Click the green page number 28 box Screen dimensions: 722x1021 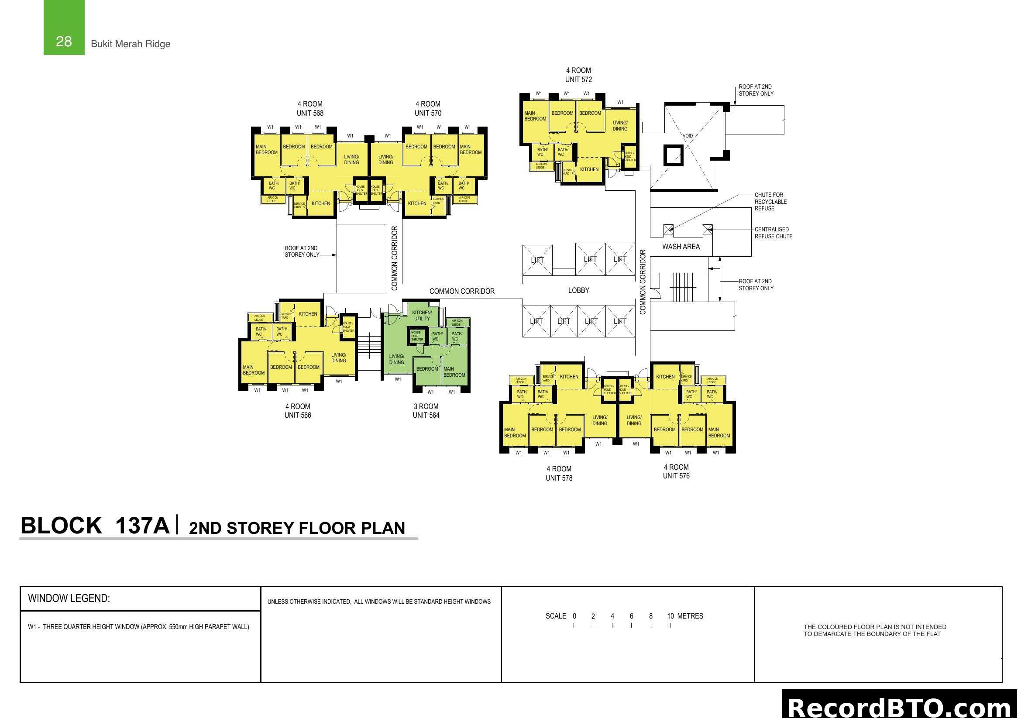click(64, 28)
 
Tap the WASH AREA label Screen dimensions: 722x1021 click(681, 247)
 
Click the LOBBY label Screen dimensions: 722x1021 click(578, 290)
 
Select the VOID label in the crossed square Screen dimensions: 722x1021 click(688, 136)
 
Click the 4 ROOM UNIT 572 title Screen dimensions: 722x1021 click(578, 75)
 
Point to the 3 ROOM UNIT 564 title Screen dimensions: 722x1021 click(426, 411)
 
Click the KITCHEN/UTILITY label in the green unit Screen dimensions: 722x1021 click(422, 316)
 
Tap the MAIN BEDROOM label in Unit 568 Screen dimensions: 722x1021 click(266, 149)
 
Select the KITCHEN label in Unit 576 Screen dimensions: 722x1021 click(665, 377)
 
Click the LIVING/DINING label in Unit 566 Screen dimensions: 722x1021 click(338, 358)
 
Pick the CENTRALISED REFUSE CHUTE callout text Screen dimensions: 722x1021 click(773, 233)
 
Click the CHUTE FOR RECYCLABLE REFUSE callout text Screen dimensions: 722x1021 click(770, 201)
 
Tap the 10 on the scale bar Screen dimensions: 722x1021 click(670, 616)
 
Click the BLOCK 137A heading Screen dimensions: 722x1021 click(95, 526)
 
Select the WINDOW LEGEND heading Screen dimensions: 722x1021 click(69, 598)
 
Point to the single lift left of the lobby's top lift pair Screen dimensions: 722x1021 click(537, 260)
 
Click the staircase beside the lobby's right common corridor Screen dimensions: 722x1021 click(683, 287)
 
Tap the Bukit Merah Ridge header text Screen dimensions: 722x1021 click(130, 44)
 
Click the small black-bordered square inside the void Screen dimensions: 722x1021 click(673, 155)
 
